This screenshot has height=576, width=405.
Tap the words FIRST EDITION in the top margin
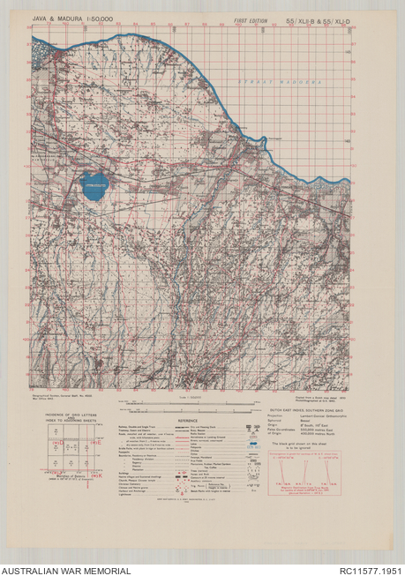click(251, 19)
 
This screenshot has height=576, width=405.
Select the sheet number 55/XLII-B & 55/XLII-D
click(316, 19)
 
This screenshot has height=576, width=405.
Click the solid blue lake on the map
click(94, 185)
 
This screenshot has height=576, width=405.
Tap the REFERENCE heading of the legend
click(188, 420)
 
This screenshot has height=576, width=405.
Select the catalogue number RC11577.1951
click(365, 570)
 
